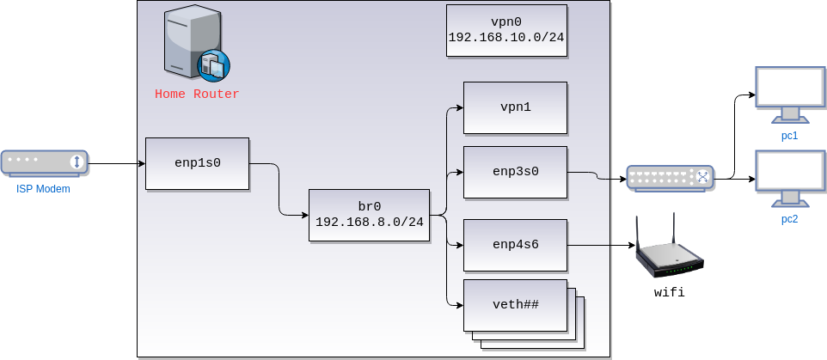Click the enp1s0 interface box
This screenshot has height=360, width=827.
(197, 163)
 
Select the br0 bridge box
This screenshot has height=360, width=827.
(369, 215)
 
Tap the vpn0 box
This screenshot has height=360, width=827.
(506, 30)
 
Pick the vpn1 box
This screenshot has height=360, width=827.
(515, 107)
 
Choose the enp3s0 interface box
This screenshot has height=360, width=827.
(515, 172)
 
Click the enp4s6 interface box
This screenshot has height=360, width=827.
(515, 246)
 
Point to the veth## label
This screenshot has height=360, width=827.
(515, 304)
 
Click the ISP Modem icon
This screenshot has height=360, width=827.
(44, 162)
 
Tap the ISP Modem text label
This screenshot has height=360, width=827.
(43, 188)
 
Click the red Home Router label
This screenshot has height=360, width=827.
(197, 95)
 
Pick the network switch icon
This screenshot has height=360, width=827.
(670, 177)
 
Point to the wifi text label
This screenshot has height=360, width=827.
(670, 293)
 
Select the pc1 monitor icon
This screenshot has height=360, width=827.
(789, 93)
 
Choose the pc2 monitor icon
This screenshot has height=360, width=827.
(789, 176)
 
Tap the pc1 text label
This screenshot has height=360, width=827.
(789, 136)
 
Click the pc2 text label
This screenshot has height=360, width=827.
(789, 219)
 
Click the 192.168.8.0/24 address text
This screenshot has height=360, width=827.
(369, 223)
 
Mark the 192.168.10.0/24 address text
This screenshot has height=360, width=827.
(506, 39)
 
